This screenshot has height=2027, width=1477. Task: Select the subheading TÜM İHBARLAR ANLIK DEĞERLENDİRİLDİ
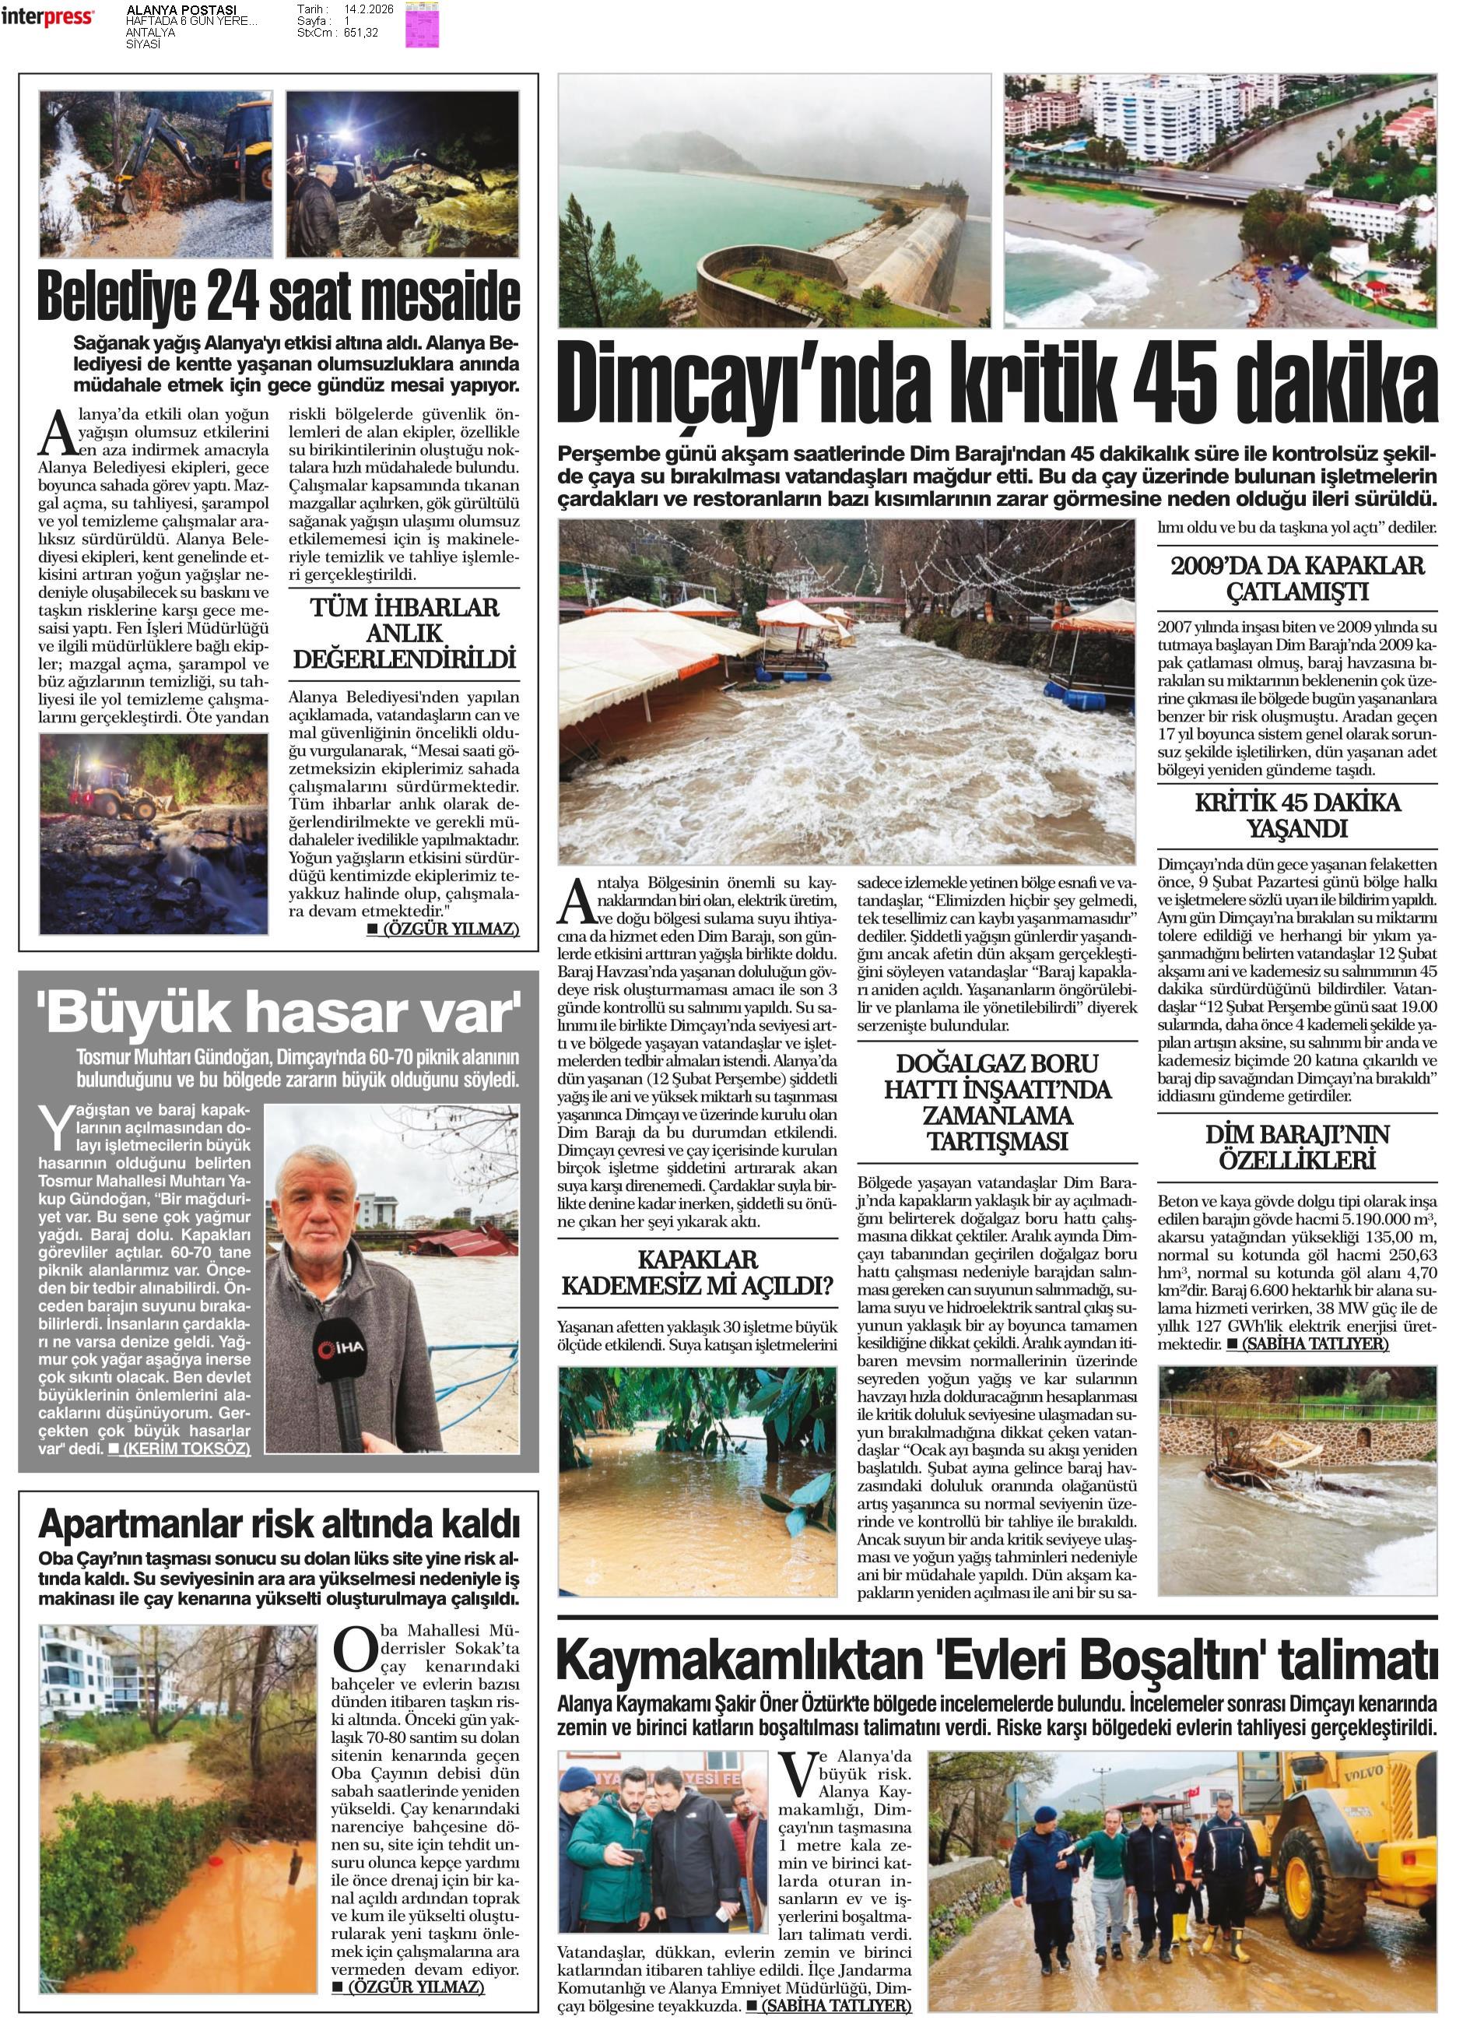(404, 633)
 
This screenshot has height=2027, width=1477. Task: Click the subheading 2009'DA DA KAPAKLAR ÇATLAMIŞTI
(1296, 578)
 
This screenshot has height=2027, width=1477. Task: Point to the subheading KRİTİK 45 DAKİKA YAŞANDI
(1296, 814)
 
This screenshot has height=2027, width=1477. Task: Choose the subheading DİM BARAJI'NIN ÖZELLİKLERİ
(1296, 1147)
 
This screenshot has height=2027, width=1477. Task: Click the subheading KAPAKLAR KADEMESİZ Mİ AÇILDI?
(697, 1273)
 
